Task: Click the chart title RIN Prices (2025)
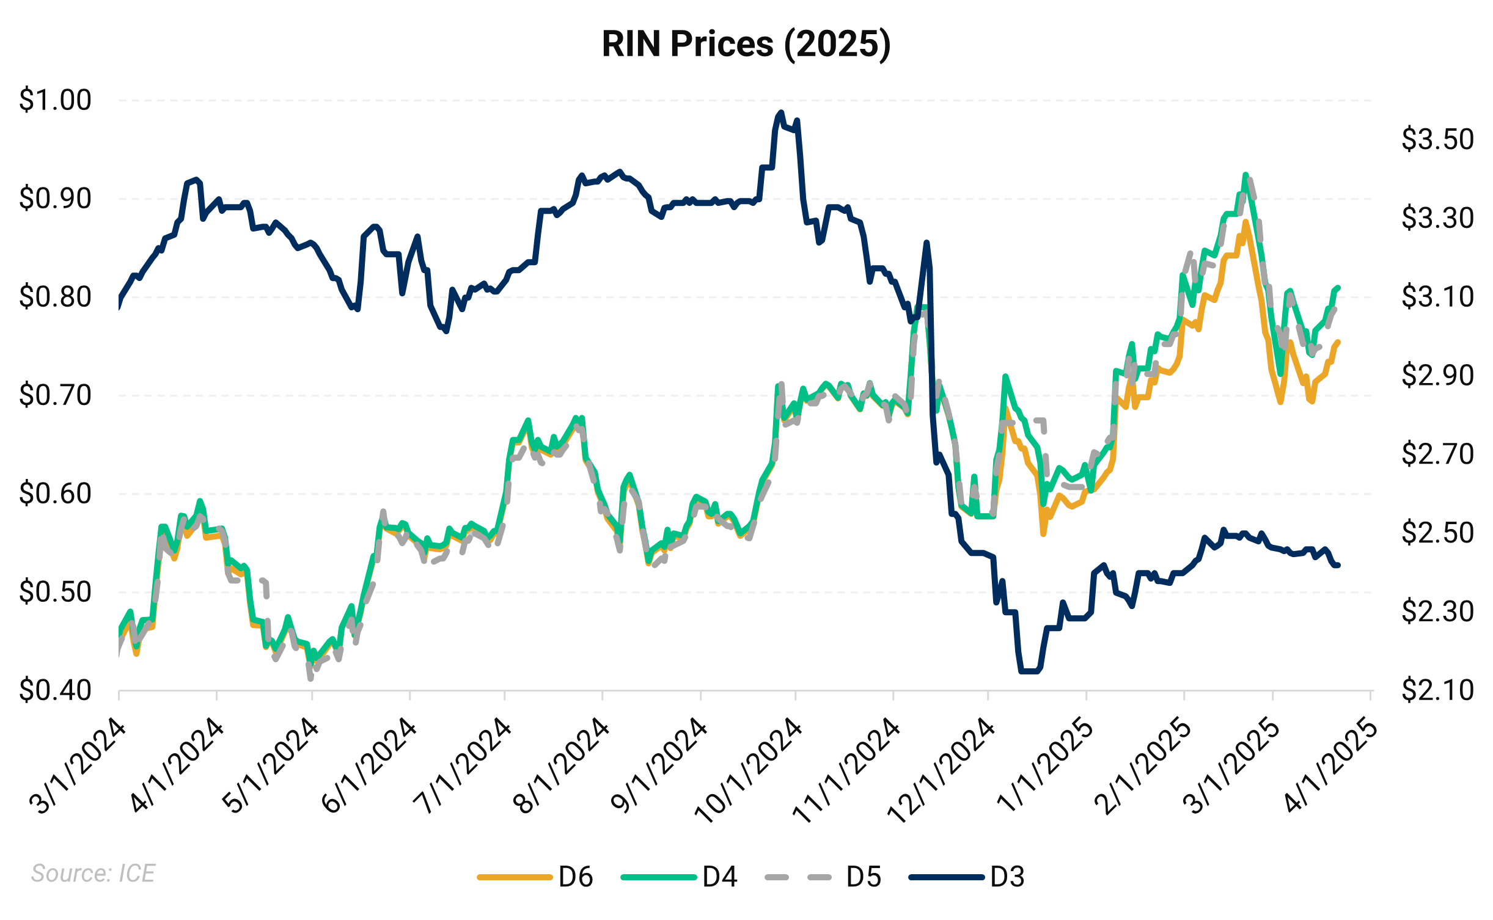pyautogui.click(x=746, y=44)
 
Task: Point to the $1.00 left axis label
pyautogui.click(x=55, y=100)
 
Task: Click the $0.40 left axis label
pyautogui.click(x=55, y=691)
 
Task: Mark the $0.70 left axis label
pyautogui.click(x=55, y=395)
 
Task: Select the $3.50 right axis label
pyautogui.click(x=1437, y=139)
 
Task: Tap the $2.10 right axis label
pyautogui.click(x=1437, y=691)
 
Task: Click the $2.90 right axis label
pyautogui.click(x=1437, y=375)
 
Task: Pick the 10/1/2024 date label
pyautogui.click(x=749, y=771)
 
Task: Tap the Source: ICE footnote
pyautogui.click(x=93, y=874)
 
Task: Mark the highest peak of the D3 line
pyautogui.click(x=780, y=112)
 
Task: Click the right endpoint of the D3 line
pyautogui.click(x=1338, y=565)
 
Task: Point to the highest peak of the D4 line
pyautogui.click(x=1245, y=175)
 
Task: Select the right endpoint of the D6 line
pyautogui.click(x=1338, y=342)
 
